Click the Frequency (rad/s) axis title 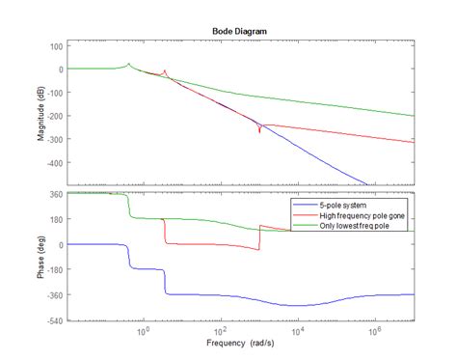(239, 344)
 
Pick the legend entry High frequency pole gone (360, 217)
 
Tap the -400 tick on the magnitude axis (51, 162)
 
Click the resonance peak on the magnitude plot (129, 64)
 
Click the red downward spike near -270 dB (258, 130)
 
